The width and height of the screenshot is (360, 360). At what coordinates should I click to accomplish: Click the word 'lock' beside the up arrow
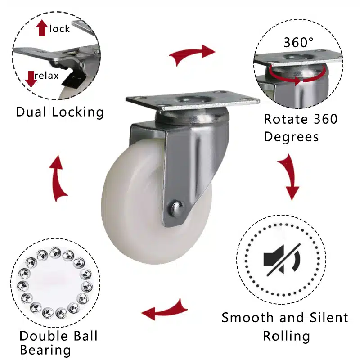point(60,29)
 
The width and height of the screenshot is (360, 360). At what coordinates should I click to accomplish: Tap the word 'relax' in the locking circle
point(47,76)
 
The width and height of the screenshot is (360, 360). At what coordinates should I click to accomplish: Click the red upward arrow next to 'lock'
point(42,28)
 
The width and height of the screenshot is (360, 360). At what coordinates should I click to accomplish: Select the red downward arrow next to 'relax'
point(31,79)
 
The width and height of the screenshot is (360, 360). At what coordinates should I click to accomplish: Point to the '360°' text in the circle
point(298,42)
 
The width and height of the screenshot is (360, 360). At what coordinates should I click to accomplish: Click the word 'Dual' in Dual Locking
point(31,112)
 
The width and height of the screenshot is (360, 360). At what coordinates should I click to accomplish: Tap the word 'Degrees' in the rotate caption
point(291,137)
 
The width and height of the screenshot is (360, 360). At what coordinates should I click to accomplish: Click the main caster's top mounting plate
point(193,100)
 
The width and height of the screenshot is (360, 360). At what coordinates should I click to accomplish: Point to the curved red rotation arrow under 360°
point(297,75)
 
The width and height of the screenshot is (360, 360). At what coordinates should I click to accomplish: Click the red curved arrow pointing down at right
point(290,177)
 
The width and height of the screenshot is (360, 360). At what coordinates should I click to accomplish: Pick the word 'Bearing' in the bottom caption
point(45,351)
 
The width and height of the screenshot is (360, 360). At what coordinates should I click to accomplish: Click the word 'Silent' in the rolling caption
point(329,318)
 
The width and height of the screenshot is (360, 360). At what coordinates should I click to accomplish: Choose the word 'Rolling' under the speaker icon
point(286,337)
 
